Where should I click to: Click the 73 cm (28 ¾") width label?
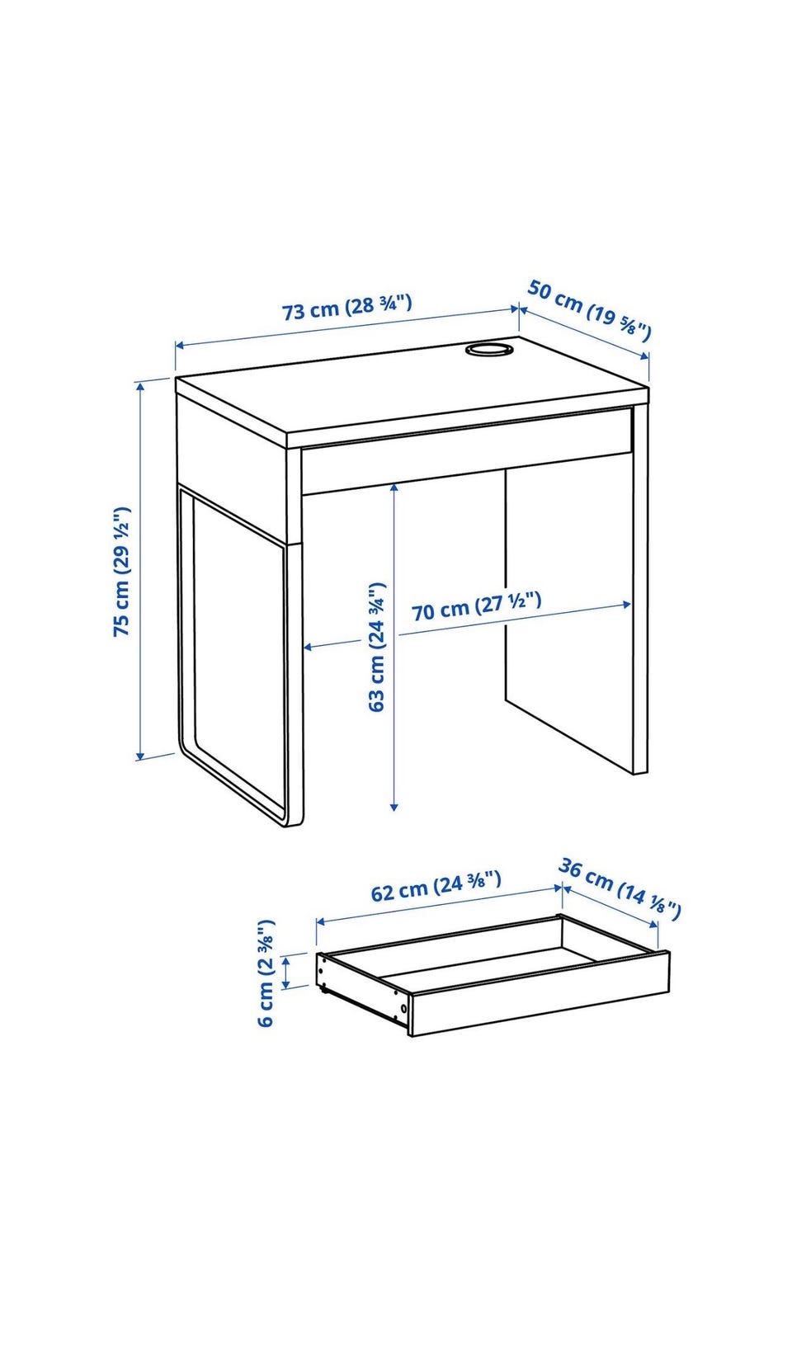346,307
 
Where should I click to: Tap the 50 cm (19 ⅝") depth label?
589,309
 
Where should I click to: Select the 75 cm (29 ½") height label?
122,571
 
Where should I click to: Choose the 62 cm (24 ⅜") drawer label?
436,887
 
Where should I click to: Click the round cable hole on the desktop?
488,350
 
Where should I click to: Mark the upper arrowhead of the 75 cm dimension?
141,385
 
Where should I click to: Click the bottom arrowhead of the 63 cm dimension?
394,808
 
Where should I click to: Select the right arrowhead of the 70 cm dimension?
626,605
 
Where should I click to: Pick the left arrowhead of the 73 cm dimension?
179,346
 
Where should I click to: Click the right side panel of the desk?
639,587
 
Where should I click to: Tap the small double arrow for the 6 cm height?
285,973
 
